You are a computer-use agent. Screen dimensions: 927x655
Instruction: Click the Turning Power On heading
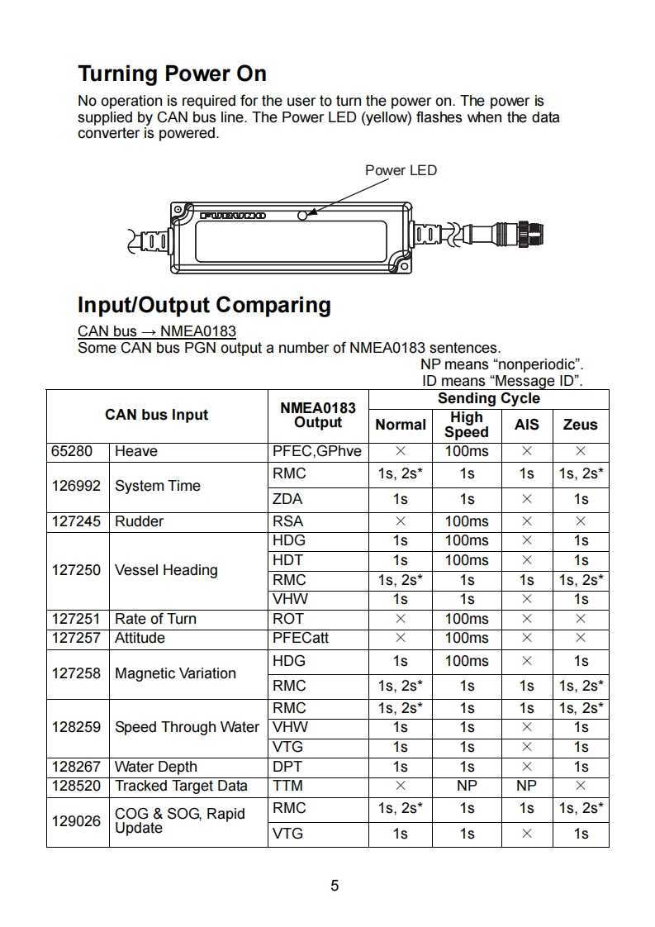pyautogui.click(x=172, y=74)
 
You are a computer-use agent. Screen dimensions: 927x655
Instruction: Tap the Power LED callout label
pyautogui.click(x=401, y=170)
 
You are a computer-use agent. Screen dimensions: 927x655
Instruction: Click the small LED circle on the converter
pyautogui.click(x=302, y=215)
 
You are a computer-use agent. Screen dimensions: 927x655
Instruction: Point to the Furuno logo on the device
pyautogui.click(x=233, y=215)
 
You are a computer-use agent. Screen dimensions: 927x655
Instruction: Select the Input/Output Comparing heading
pyautogui.click(x=204, y=305)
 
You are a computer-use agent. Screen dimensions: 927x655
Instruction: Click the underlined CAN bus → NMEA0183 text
pyautogui.click(x=157, y=331)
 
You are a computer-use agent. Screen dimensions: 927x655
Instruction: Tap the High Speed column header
pyautogui.click(x=467, y=425)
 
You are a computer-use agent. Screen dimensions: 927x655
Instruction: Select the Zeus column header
pyautogui.click(x=580, y=425)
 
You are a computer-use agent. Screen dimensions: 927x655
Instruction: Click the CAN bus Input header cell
pyautogui.click(x=157, y=415)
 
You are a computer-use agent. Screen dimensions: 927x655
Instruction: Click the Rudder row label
pyautogui.click(x=139, y=521)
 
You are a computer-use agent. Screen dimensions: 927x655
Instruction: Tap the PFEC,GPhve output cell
pyautogui.click(x=317, y=451)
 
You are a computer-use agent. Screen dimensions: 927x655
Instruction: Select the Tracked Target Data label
pyautogui.click(x=181, y=786)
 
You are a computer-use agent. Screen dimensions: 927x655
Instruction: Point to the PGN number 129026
pyautogui.click(x=76, y=820)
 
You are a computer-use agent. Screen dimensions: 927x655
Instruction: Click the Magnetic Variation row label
pyautogui.click(x=175, y=673)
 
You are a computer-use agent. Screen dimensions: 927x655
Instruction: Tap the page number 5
pyautogui.click(x=335, y=886)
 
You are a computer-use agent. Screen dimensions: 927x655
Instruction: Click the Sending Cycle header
pyautogui.click(x=488, y=398)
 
